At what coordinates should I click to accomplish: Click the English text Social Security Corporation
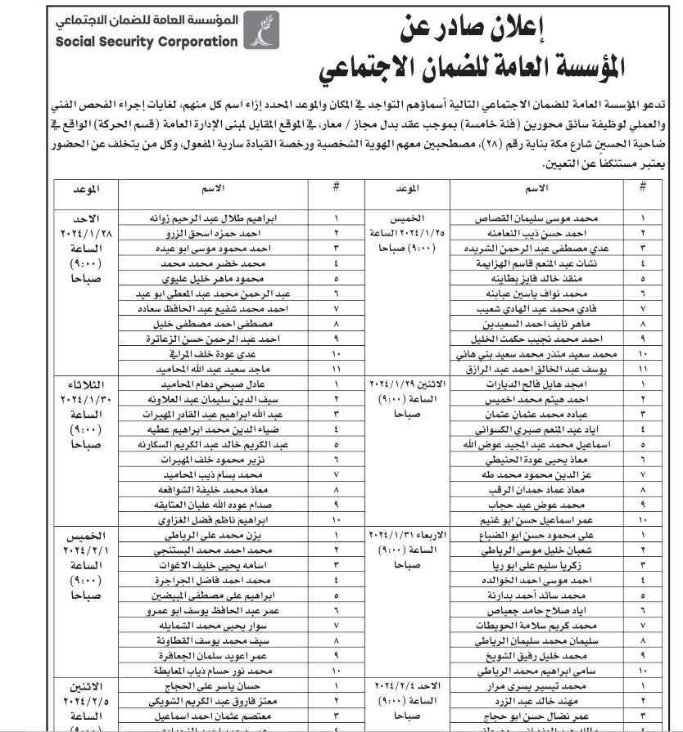[145, 43]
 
